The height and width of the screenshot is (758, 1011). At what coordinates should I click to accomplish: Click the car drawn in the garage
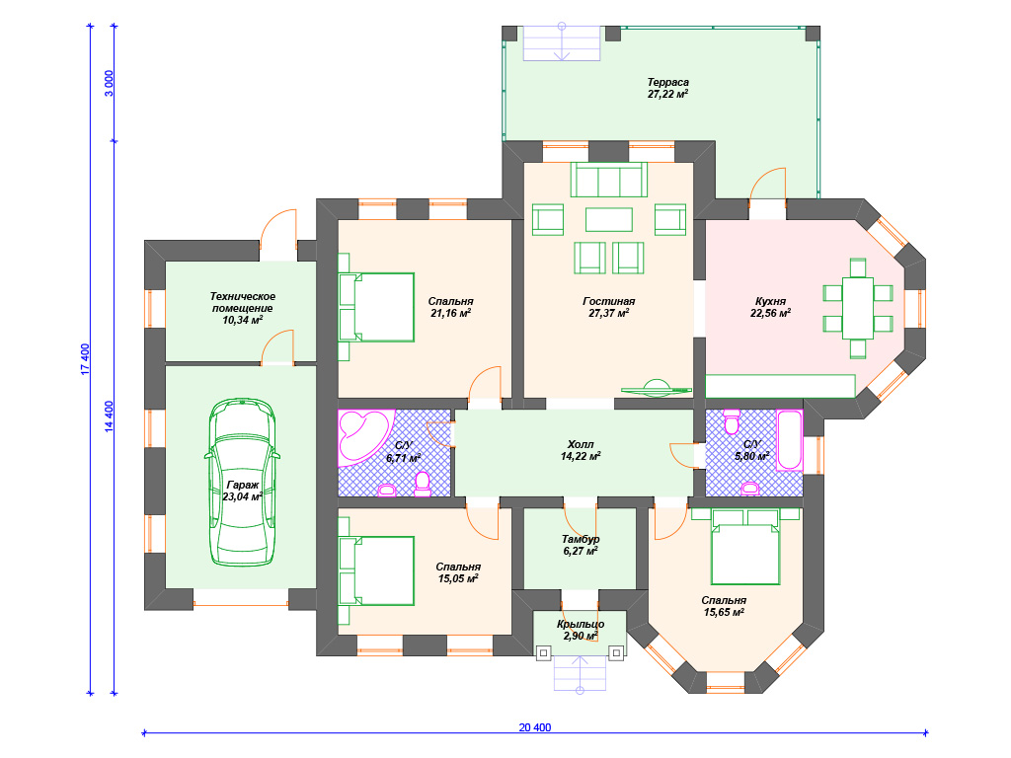[243, 482]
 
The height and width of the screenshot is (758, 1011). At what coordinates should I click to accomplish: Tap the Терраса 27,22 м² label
[668, 88]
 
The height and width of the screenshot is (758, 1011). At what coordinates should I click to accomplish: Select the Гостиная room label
[608, 302]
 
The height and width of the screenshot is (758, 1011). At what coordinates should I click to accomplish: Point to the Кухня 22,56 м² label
[770, 308]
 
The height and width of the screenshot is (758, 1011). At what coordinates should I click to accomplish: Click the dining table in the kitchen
[858, 308]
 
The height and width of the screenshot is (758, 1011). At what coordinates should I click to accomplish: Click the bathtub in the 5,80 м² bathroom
[790, 440]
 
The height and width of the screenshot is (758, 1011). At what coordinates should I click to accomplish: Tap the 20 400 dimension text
[535, 727]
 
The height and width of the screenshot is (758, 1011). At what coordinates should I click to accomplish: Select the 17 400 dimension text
[85, 359]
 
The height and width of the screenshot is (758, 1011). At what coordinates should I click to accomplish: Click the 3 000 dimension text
[109, 83]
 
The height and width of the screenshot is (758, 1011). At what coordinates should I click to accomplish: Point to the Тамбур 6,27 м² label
[581, 545]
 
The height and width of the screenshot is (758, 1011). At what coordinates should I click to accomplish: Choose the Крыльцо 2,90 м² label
[581, 630]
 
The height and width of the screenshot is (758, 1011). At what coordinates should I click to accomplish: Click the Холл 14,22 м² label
[581, 450]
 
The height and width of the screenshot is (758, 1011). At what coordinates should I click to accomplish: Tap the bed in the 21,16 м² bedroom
[376, 307]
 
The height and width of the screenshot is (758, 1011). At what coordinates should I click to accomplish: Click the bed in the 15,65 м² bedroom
[745, 547]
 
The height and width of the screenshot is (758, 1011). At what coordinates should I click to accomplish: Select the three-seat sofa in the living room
[608, 180]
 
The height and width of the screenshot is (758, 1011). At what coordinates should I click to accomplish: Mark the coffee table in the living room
[608, 219]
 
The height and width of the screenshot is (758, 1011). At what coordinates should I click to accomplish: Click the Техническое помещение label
[243, 302]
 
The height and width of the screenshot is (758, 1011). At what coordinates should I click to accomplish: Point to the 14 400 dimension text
[109, 417]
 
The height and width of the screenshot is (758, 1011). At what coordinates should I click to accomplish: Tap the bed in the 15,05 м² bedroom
[376, 571]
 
